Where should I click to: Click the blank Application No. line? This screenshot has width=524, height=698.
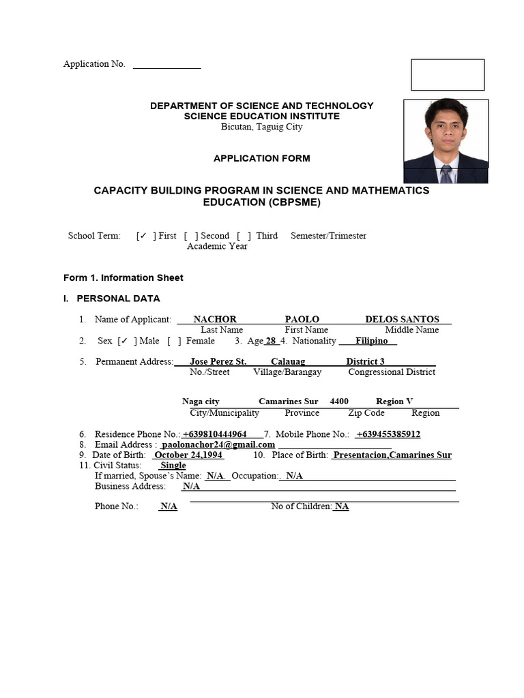pyautogui.click(x=166, y=66)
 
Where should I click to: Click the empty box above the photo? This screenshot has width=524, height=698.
pyautogui.click(x=448, y=74)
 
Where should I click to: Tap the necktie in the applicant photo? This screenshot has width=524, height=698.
pyautogui.click(x=446, y=174)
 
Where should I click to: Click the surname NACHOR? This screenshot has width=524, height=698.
pyautogui.click(x=215, y=319)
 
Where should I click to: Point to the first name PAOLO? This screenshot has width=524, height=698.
pyautogui.click(x=302, y=319)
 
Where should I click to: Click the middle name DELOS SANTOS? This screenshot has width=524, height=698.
pyautogui.click(x=402, y=319)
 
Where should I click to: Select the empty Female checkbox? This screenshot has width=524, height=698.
pyautogui.click(x=173, y=341)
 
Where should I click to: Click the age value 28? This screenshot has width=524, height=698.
pyautogui.click(x=271, y=341)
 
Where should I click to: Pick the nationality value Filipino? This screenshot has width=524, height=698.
pyautogui.click(x=371, y=341)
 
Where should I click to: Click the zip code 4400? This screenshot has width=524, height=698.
pyautogui.click(x=339, y=401)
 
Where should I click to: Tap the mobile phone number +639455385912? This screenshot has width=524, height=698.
pyautogui.click(x=388, y=434)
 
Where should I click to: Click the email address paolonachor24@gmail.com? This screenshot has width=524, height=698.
pyautogui.click(x=218, y=444)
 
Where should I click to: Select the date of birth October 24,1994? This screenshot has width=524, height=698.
pyautogui.click(x=188, y=455)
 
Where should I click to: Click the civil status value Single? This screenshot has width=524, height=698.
pyautogui.click(x=173, y=466)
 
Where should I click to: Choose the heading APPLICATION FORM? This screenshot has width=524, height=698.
pyautogui.click(x=262, y=158)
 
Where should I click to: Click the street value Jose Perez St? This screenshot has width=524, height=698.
pyautogui.click(x=218, y=361)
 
